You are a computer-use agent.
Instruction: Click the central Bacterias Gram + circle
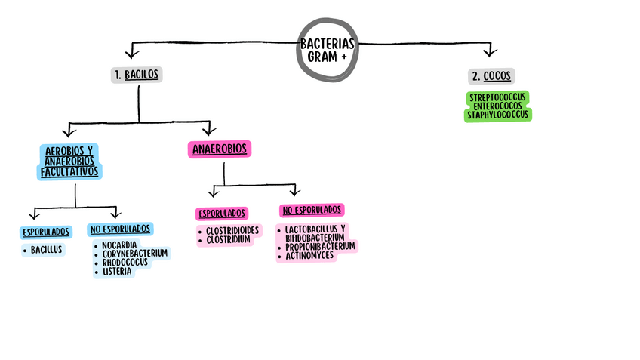coord(328,50)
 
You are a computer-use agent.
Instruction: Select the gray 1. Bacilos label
coord(137,75)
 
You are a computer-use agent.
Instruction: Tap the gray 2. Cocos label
coord(491,76)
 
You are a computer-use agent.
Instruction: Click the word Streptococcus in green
coord(498,98)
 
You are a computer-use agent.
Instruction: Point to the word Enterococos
coord(498,106)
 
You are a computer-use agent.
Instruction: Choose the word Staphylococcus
coord(498,115)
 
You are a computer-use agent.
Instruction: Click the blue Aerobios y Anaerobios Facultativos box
coord(70,161)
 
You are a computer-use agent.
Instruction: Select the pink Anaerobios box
coord(219,149)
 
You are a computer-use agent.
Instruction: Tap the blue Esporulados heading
coord(47,232)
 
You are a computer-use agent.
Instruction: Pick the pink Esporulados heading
coord(222,214)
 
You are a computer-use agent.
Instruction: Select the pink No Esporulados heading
coord(312,210)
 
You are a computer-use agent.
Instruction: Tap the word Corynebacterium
coord(135,254)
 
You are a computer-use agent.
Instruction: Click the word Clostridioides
coord(232,230)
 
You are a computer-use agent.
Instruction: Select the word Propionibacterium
coord(320,247)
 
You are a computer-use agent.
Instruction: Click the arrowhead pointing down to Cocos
coord(489,52)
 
